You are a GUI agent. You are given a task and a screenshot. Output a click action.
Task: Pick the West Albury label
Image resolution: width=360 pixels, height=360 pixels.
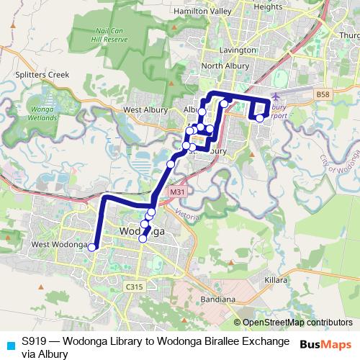(x=141, y=109)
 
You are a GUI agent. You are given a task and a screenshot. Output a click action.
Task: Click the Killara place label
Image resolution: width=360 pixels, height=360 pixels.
(x=276, y=279)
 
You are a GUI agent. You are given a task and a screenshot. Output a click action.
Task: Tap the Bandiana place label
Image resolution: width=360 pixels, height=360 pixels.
(x=217, y=299)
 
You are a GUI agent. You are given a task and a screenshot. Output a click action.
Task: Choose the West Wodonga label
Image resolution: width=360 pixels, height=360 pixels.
(x=59, y=245)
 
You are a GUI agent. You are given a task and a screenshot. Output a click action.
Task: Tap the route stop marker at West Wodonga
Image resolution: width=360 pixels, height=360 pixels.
(x=92, y=247)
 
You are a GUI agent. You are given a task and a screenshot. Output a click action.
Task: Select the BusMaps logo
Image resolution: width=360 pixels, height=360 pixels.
(x=325, y=344)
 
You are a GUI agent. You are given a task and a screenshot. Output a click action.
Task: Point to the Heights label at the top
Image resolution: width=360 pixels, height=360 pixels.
(x=269, y=6)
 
